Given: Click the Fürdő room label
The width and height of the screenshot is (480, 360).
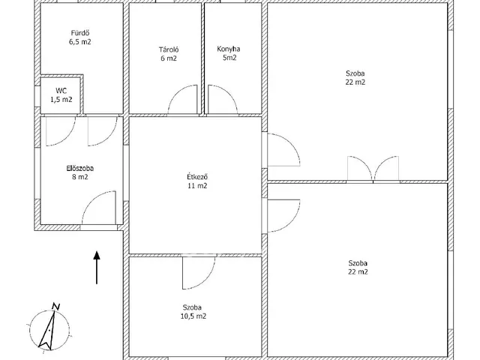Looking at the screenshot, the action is (x=80, y=33).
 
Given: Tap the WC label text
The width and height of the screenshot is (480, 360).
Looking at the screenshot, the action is (x=61, y=91).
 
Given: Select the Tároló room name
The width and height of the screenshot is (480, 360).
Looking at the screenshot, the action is (x=169, y=49).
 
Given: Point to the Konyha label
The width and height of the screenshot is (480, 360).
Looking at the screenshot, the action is (x=229, y=49).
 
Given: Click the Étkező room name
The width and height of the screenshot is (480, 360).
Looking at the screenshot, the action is (x=197, y=177).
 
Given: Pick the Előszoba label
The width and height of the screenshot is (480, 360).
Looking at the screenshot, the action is (x=80, y=168).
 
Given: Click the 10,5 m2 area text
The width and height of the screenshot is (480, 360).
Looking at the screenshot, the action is (x=193, y=316).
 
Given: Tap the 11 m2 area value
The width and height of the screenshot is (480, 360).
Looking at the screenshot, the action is (x=197, y=185).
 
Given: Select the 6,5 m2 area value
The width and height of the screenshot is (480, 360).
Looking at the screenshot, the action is (x=80, y=42).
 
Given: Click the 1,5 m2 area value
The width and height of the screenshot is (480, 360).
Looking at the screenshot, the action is (x=61, y=100).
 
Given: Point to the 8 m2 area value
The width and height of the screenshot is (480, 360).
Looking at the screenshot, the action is (x=80, y=177).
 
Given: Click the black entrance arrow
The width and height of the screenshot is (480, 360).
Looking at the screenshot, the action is (x=97, y=268).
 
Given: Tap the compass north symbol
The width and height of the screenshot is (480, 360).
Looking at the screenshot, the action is (x=49, y=330).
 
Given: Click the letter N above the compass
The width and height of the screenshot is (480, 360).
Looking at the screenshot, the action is (x=56, y=307).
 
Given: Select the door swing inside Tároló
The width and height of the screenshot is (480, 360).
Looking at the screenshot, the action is (x=182, y=100).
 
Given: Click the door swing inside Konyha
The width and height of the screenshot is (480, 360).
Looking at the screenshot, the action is (x=223, y=100).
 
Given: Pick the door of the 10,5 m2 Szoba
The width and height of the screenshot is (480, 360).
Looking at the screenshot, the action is (x=199, y=273).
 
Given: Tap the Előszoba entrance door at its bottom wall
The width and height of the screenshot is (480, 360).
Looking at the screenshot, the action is (x=99, y=208).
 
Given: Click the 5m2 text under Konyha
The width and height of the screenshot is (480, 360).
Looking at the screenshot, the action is (x=229, y=58).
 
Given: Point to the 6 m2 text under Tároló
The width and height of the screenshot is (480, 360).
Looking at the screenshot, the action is (x=169, y=58).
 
